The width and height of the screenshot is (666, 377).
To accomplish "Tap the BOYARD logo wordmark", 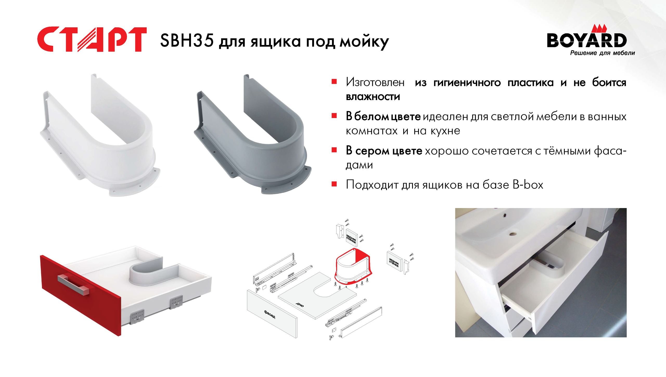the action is [587, 40].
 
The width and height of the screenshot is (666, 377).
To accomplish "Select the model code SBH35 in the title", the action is [187, 41].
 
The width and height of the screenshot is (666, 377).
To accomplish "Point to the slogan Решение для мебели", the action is [603, 53].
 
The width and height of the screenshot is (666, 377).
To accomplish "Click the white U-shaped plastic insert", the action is [100, 135].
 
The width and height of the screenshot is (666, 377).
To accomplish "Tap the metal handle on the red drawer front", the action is [73, 284].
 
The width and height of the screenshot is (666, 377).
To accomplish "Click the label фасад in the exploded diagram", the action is [270, 314].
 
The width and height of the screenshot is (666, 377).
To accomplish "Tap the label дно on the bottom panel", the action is [300, 305].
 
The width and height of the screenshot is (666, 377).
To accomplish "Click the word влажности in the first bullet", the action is [373, 97].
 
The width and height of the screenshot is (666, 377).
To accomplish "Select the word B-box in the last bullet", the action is [528, 185].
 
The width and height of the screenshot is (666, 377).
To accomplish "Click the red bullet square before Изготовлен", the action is [334, 82].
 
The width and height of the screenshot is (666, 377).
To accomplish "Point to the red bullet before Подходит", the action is [334, 184].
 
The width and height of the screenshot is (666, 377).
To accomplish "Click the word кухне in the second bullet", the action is [445, 131].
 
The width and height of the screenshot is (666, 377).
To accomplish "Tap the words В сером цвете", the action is [384, 151].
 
